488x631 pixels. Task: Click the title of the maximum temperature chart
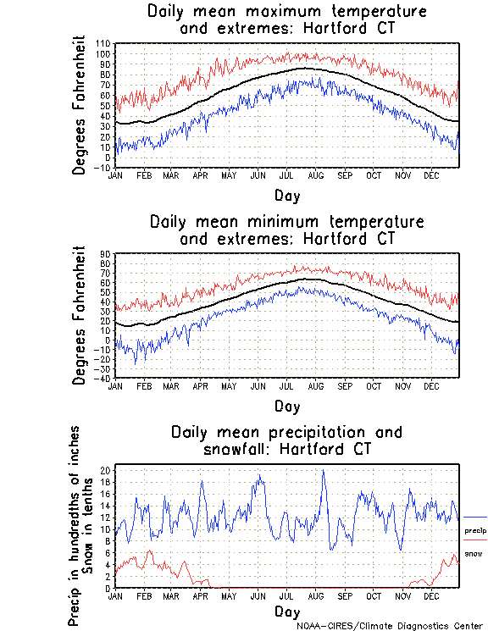[x=286, y=20]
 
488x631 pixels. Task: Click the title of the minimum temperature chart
[x=286, y=230]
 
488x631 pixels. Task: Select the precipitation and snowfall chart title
[x=286, y=440]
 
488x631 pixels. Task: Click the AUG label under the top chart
[x=315, y=175]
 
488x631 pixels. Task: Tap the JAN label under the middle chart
[x=117, y=386]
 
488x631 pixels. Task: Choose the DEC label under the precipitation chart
[x=431, y=596]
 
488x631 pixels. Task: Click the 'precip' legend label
[x=474, y=531]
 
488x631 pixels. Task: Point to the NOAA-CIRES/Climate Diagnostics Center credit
[x=391, y=625]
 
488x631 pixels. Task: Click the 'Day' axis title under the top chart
[x=286, y=195]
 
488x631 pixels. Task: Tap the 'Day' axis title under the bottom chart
[x=286, y=611]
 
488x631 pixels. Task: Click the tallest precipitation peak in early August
[x=323, y=471]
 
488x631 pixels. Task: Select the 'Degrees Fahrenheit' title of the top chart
[x=79, y=104]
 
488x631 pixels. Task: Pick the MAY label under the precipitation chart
[x=229, y=596]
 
